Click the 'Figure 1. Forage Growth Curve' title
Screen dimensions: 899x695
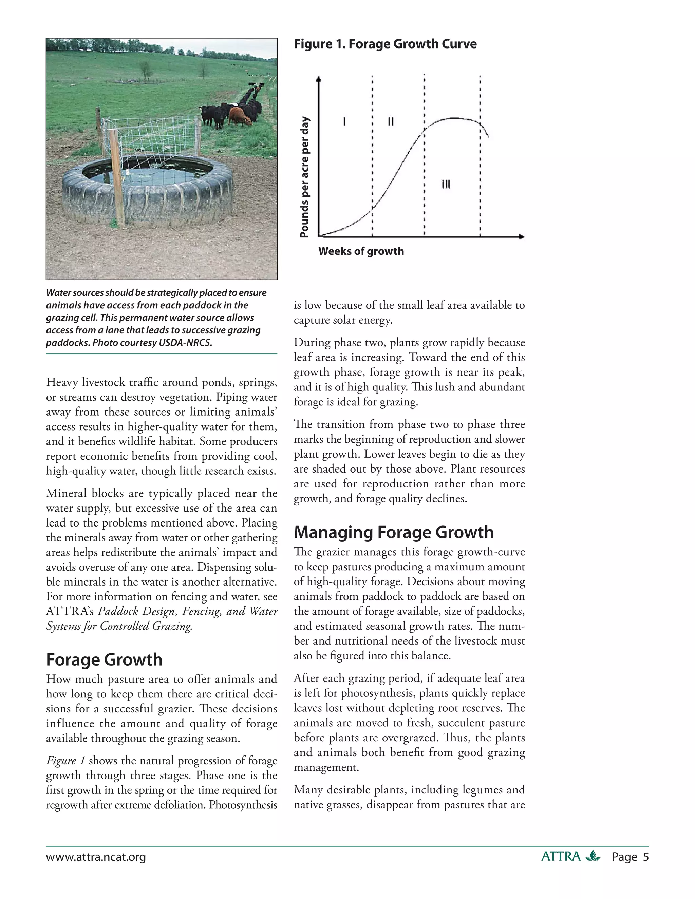[385, 44]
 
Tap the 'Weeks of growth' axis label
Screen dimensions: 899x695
[361, 251]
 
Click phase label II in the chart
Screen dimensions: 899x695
[391, 121]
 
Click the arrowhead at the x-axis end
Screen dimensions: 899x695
[522, 237]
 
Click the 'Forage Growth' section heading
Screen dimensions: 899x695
[104, 659]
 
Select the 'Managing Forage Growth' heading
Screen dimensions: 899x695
[394, 532]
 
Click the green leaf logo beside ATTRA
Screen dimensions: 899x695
[593, 856]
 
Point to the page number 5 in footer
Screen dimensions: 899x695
[645, 857]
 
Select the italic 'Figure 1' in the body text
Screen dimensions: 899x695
[65, 760]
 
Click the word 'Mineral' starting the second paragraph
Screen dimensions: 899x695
[65, 493]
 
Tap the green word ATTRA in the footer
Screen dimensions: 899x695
[561, 857]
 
